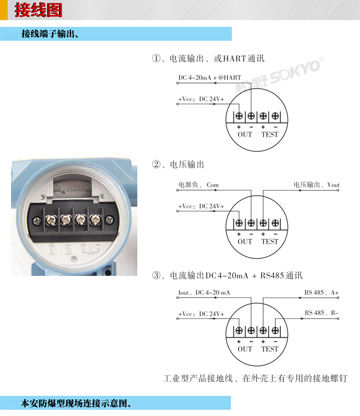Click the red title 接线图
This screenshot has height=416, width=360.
tap(38, 10)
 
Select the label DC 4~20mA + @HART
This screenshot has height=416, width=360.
tap(210, 77)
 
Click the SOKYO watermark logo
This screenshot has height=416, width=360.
tap(279, 74)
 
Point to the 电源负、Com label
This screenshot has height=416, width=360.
tap(198, 185)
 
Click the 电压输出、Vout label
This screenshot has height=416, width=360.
tap(316, 185)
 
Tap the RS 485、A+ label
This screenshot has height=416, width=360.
tap(322, 292)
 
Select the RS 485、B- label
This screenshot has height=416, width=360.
tap(322, 313)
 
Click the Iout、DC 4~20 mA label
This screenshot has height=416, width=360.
tap(204, 292)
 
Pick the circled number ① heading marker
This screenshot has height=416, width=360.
tap(156, 59)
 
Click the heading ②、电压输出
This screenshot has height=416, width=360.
tap(178, 165)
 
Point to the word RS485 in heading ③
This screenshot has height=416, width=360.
tap(272, 275)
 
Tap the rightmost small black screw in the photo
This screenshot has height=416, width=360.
tap(109, 220)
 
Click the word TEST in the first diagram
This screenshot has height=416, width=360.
tap(270, 134)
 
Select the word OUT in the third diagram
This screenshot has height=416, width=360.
tap(245, 349)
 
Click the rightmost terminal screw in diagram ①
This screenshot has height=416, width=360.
tap(276, 116)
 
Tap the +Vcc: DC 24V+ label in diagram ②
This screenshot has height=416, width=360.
tap(201, 206)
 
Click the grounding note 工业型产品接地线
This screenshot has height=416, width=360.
tap(198, 378)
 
